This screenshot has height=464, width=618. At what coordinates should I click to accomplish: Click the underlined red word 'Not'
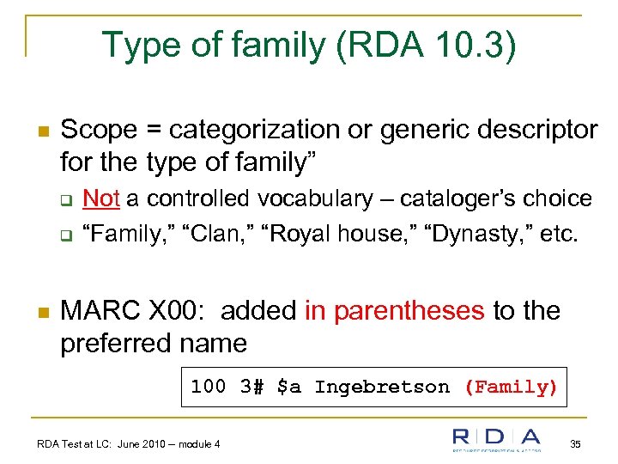[100, 198]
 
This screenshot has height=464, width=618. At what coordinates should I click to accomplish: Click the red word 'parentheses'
[409, 310]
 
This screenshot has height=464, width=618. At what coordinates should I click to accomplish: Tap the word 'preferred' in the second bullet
[114, 343]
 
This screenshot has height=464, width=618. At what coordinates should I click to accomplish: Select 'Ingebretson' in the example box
[382, 387]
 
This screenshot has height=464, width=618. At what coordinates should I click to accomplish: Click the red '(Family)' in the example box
[511, 387]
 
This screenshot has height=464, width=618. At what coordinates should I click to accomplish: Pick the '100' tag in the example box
[208, 387]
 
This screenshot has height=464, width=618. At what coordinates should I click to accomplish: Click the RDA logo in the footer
[497, 440]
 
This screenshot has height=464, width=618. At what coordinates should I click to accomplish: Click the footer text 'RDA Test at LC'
[79, 443]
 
